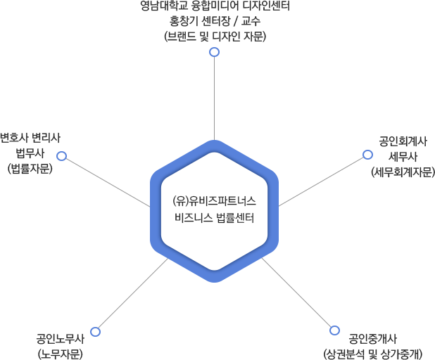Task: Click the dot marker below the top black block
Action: (214, 52)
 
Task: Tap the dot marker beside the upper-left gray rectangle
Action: (62, 155)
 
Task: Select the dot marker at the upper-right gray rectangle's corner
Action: (367, 155)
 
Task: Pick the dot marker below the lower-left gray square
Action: (95, 331)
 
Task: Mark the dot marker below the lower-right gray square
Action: (334, 330)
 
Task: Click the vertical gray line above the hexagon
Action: (214, 98)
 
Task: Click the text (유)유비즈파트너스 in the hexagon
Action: (214, 200)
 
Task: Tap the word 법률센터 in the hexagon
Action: (235, 217)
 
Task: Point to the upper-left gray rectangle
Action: (106, 182)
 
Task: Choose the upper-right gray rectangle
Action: (322, 182)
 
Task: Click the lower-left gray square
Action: (132, 292)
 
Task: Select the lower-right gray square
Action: (296, 292)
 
